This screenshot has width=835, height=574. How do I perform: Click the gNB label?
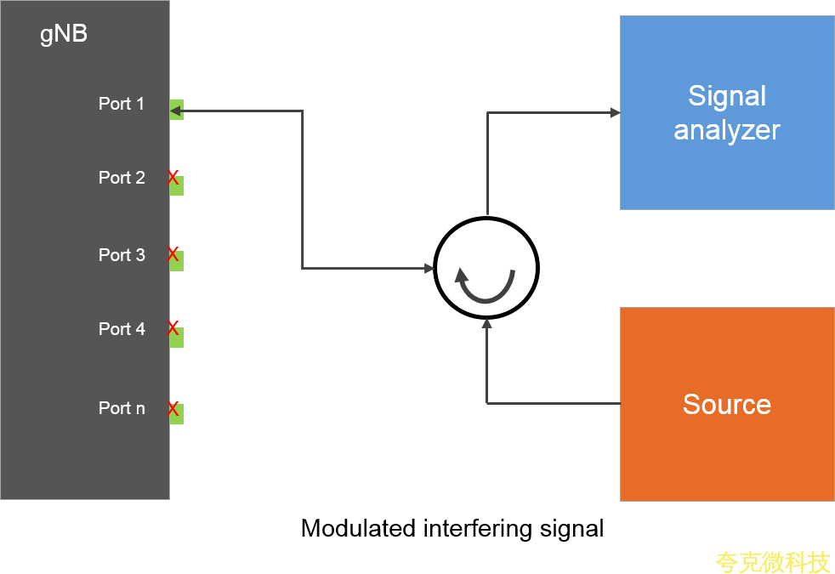pyautogui.click(x=64, y=36)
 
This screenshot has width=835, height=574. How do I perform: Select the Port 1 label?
pyautogui.click(x=122, y=104)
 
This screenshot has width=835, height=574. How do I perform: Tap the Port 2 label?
pyautogui.click(x=122, y=178)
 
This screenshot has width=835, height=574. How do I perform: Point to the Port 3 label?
pyautogui.click(x=122, y=255)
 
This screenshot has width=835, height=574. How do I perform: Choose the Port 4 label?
pyautogui.click(x=122, y=329)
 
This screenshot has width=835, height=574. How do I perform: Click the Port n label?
pyautogui.click(x=122, y=408)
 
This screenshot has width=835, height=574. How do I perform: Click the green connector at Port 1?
pyautogui.click(x=177, y=110)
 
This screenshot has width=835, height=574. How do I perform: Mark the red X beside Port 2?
pyautogui.click(x=173, y=178)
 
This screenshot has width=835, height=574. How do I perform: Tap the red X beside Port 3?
pyautogui.click(x=173, y=253)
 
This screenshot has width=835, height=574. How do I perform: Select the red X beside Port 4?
pyautogui.click(x=173, y=327)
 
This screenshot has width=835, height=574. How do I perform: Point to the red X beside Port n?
pyautogui.click(x=173, y=409)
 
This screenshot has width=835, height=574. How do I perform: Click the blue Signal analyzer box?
pyautogui.click(x=726, y=112)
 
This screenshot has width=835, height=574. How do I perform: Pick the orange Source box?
pyautogui.click(x=726, y=404)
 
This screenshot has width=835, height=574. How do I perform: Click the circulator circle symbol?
pyautogui.click(x=486, y=269)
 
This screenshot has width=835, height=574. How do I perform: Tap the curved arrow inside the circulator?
pyautogui.click(x=486, y=287)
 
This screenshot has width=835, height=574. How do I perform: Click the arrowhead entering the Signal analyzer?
pyautogui.click(x=614, y=112)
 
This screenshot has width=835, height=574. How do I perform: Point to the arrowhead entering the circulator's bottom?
pyautogui.click(x=486, y=324)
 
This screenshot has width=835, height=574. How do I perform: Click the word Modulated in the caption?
pyautogui.click(x=358, y=528)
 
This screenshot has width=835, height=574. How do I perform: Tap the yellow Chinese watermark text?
pyautogui.click(x=772, y=562)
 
